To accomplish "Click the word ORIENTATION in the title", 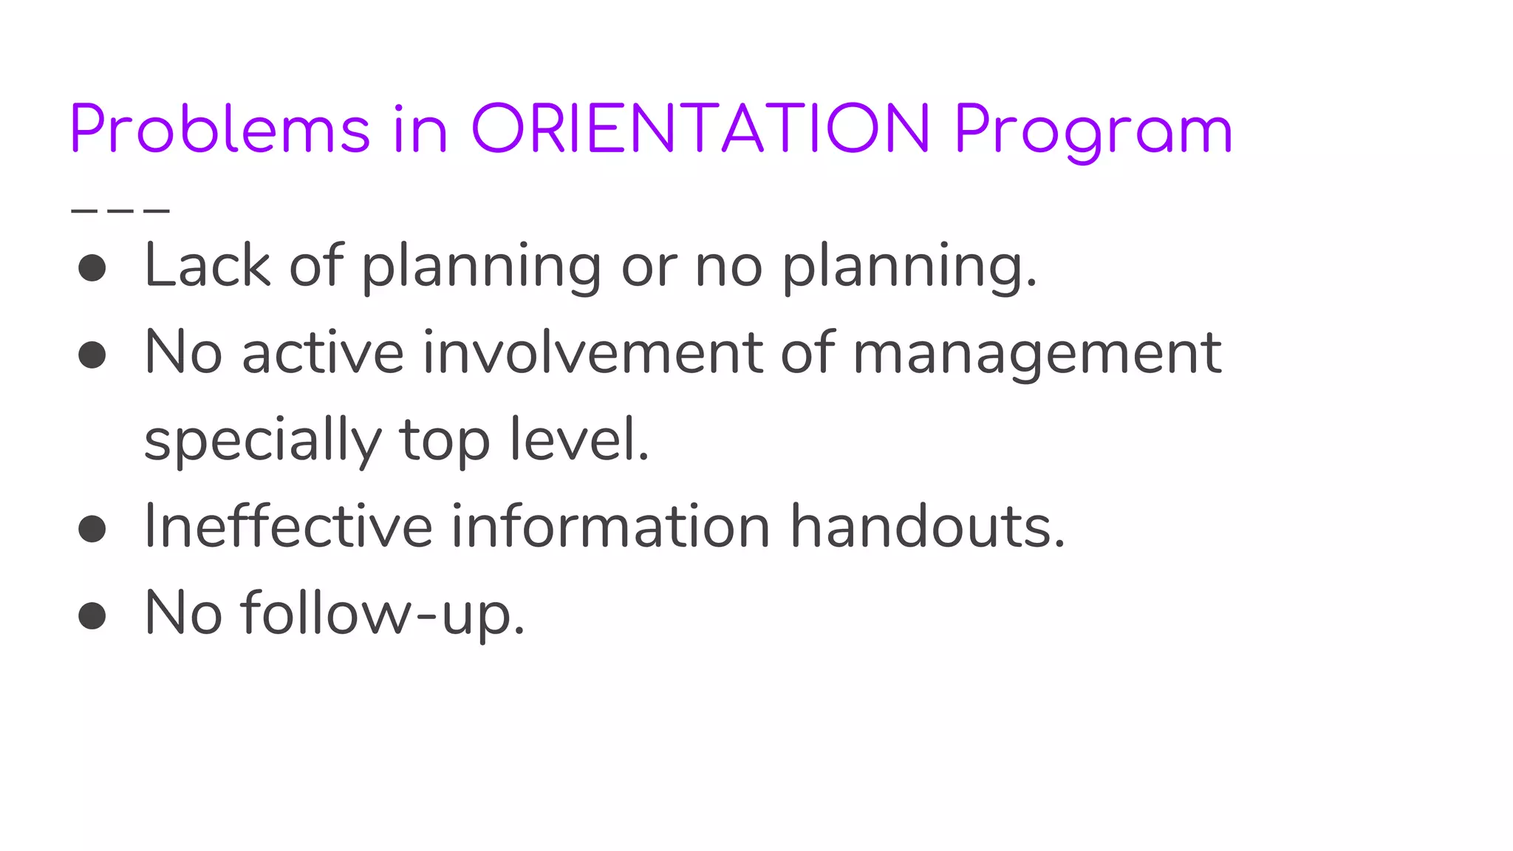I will tap(700, 129).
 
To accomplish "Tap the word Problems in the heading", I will tap(219, 129).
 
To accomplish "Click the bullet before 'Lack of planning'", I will tap(92, 267).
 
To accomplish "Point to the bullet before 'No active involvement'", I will tap(92, 355).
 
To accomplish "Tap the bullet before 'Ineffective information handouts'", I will tap(92, 528).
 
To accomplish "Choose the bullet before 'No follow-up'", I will tap(92, 615).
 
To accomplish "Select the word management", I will tap(1036, 355).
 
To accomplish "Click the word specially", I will tap(262, 441).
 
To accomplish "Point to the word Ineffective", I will tap(288, 527).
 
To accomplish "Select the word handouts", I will tap(927, 527).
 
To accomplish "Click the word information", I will tap(611, 527).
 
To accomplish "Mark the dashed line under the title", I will tap(120, 211).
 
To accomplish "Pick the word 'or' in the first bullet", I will tap(649, 267).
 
